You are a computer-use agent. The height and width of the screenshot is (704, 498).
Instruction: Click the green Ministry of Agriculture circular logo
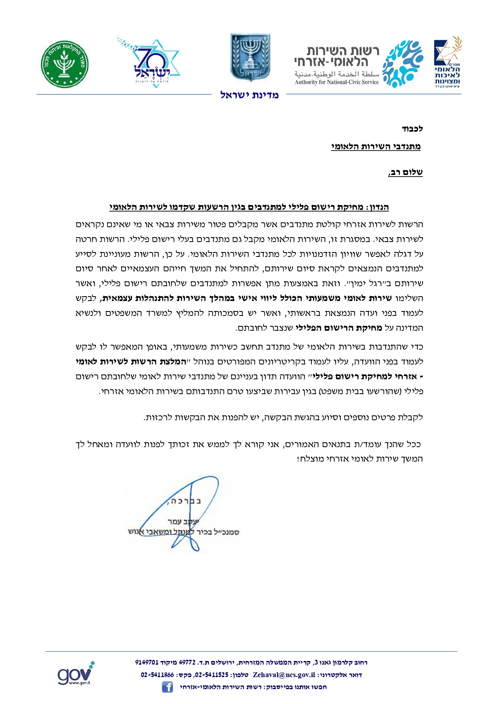click(65, 64)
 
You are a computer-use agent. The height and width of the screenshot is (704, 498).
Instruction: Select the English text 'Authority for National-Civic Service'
click(336, 82)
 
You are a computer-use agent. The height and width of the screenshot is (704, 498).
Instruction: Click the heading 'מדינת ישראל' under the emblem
click(249, 95)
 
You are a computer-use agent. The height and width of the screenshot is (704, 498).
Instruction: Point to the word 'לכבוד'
click(412, 129)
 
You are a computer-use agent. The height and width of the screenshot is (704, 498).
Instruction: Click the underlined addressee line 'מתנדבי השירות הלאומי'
click(376, 146)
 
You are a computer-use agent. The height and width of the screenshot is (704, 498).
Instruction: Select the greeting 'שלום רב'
click(406, 173)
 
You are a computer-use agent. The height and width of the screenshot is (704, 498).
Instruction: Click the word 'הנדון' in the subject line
click(378, 208)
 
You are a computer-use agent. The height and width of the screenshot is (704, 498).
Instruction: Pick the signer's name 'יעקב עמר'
click(183, 521)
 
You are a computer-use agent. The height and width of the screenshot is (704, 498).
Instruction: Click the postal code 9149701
click(147, 663)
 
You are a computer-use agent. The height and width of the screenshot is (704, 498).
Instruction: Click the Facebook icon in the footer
click(167, 687)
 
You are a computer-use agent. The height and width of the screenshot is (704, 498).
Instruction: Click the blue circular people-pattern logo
click(402, 63)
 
